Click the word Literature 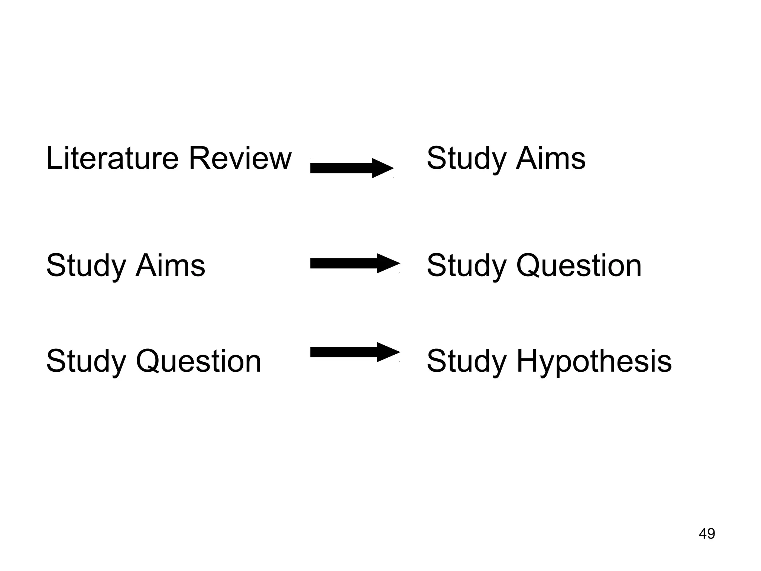click(x=112, y=158)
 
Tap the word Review click(x=240, y=158)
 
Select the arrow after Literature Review click(x=352, y=168)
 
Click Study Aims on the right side click(x=506, y=159)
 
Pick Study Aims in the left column click(x=125, y=266)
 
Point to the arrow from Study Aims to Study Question click(x=355, y=264)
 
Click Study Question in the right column click(x=534, y=266)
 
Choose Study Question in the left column click(x=153, y=361)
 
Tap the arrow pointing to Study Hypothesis click(x=355, y=352)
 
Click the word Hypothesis click(x=594, y=361)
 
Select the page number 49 click(x=707, y=534)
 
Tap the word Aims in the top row click(x=551, y=158)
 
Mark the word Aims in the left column click(x=170, y=265)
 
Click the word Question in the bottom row click(x=198, y=361)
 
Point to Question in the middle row click(x=579, y=266)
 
